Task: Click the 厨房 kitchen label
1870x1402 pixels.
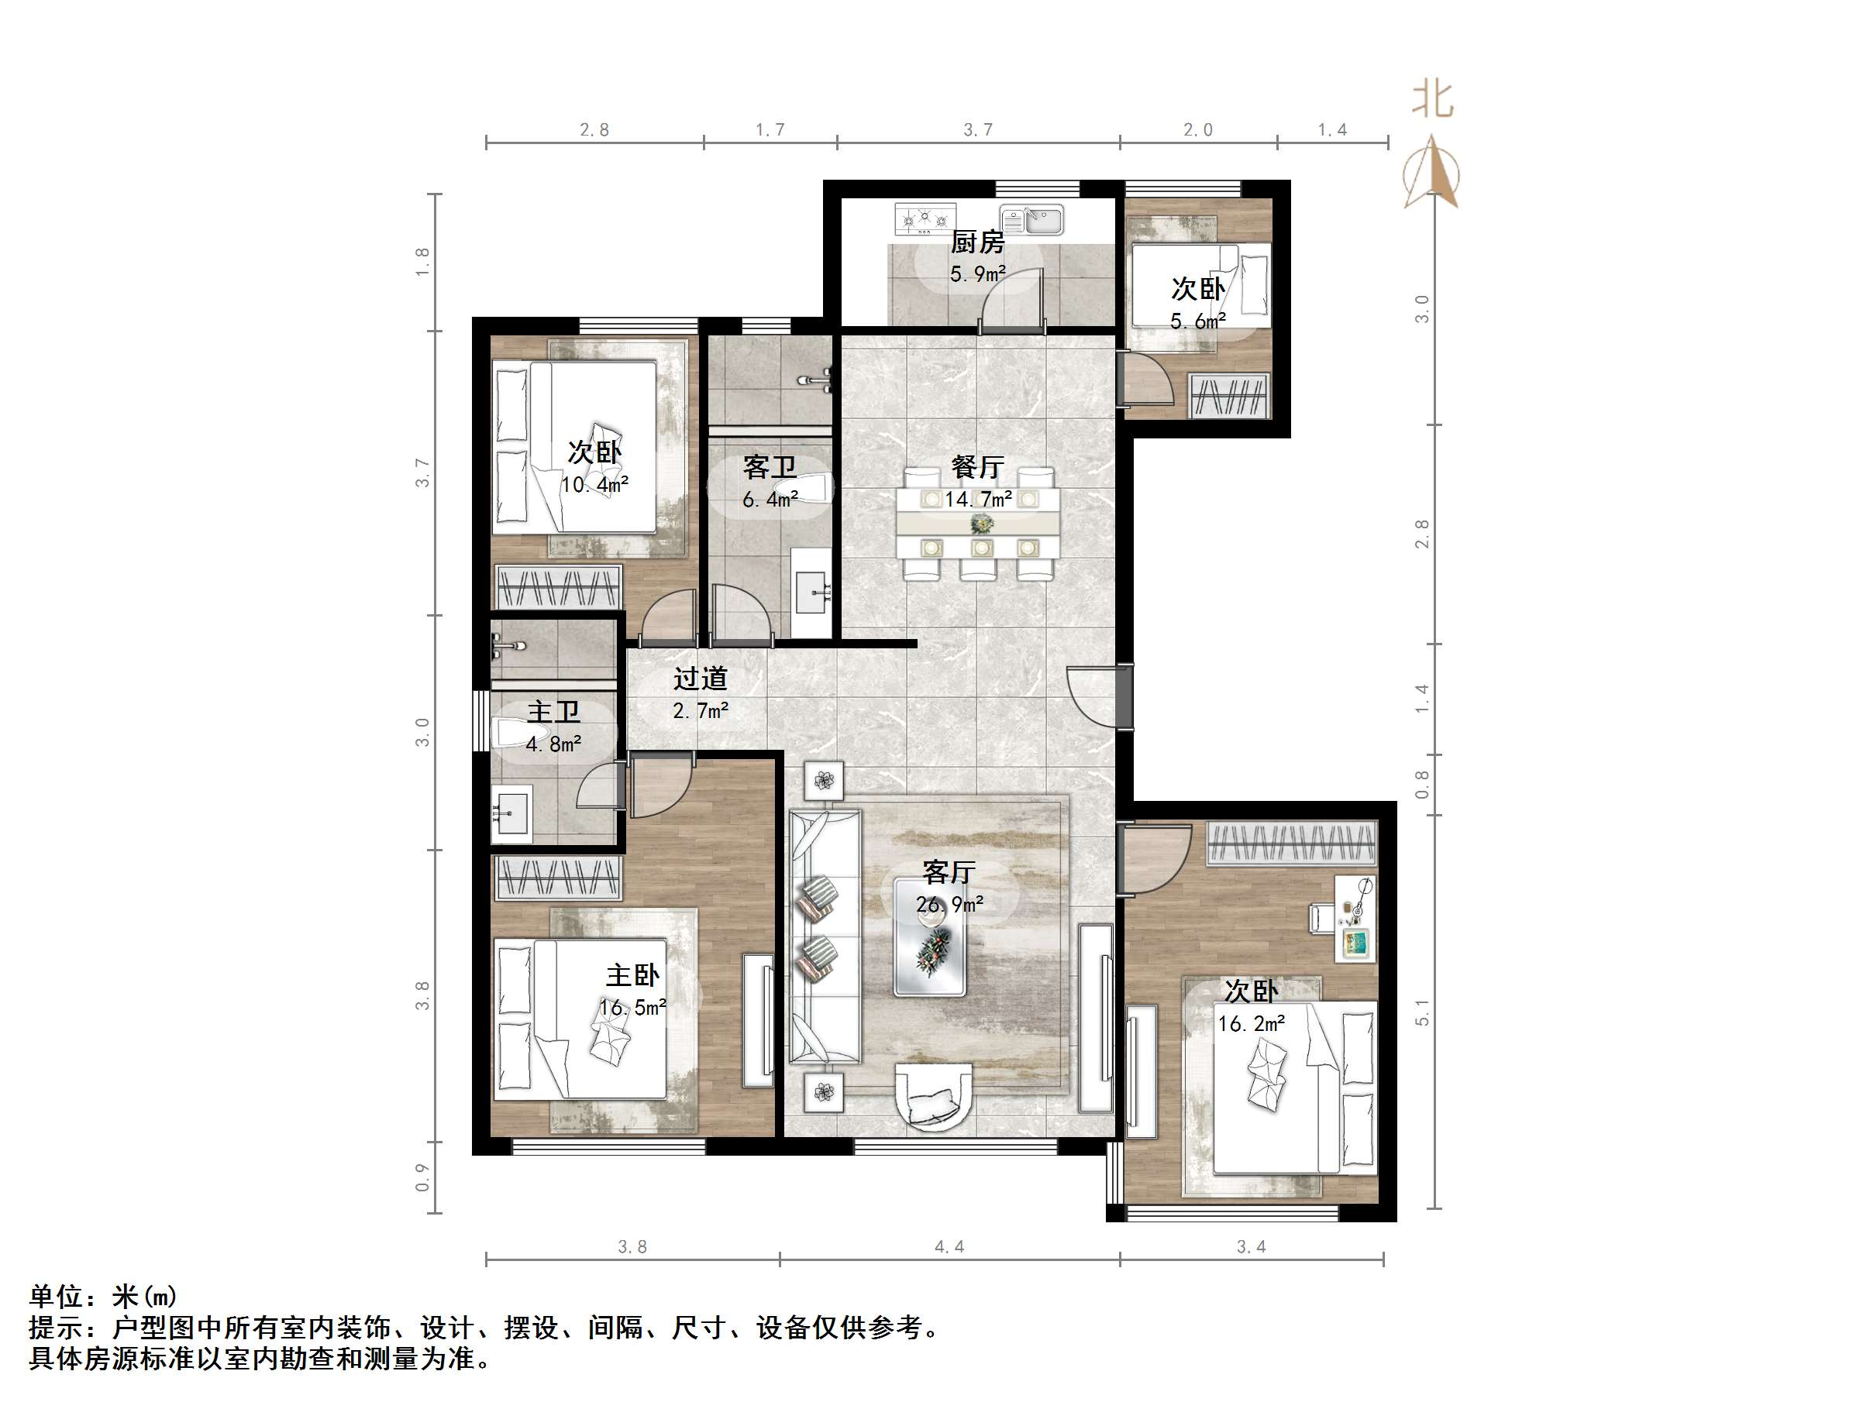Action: tap(977, 242)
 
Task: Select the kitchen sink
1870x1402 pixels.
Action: tap(1032, 220)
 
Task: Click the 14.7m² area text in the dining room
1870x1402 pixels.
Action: tap(978, 500)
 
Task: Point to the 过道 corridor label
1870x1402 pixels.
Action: tap(700, 679)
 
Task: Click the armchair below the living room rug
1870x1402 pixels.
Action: tap(933, 1096)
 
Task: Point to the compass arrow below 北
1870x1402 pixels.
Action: tap(1431, 174)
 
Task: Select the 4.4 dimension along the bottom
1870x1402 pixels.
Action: tap(949, 1246)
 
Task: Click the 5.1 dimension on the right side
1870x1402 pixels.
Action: tap(1422, 1012)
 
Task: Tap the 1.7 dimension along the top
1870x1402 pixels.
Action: tap(770, 129)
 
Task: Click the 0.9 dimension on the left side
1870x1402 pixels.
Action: tap(422, 1177)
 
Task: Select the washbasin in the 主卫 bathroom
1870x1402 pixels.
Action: tap(511, 815)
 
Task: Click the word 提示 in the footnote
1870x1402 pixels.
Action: tap(56, 1328)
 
